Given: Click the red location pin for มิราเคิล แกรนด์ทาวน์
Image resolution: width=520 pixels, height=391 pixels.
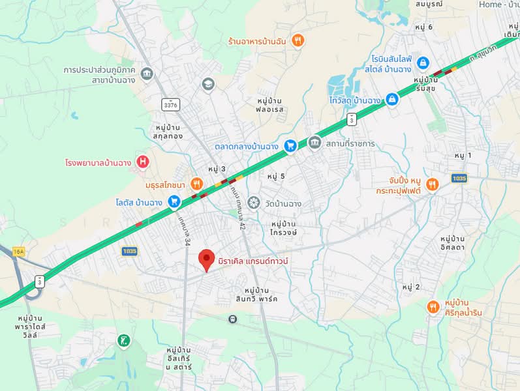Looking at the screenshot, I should (207, 260).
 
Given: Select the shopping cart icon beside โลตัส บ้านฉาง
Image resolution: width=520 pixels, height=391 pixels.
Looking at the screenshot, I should (174, 202).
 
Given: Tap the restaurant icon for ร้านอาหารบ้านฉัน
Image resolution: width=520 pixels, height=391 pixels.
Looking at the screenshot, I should (298, 41).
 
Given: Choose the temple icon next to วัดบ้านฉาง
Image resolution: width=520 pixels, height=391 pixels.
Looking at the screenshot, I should (253, 203).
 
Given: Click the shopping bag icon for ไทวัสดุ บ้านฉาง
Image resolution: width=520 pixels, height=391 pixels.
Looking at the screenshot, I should (391, 100).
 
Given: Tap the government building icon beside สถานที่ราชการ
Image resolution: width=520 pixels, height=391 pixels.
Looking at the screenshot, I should (314, 142).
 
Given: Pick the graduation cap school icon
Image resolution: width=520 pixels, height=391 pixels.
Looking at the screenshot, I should (207, 83).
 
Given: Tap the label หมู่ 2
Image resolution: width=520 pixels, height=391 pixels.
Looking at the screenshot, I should (411, 287).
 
